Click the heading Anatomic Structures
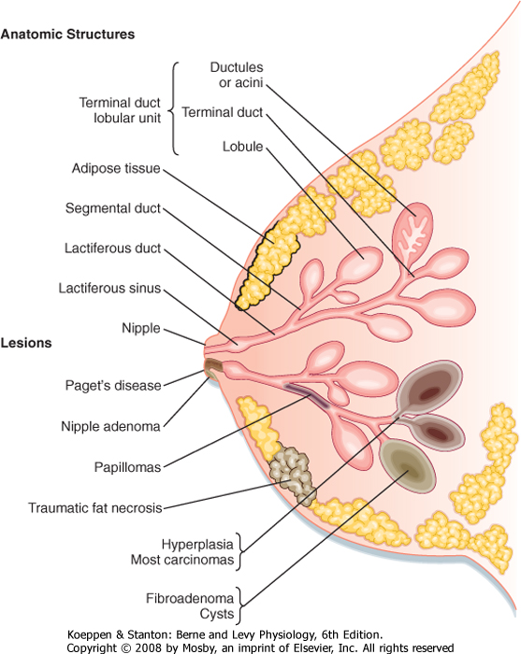click(67, 35)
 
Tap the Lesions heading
click(26, 343)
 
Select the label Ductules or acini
click(237, 75)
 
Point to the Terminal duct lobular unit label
click(120, 110)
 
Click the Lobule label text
click(242, 147)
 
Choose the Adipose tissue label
click(116, 168)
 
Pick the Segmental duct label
click(113, 208)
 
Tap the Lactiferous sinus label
click(109, 288)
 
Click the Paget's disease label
click(113, 385)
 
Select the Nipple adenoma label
click(110, 426)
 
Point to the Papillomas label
click(127, 467)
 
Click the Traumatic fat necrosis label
click(94, 508)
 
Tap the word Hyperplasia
click(197, 545)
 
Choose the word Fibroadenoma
click(190, 599)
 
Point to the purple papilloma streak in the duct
click(307, 394)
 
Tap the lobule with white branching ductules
click(412, 235)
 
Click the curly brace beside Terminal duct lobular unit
click(174, 108)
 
